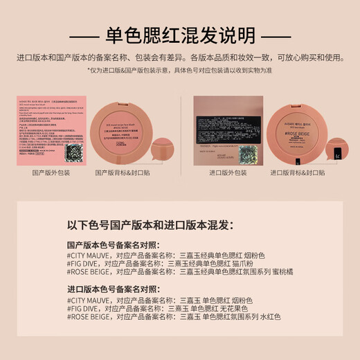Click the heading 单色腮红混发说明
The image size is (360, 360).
pos(179,35)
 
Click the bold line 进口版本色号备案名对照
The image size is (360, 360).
pos(113,289)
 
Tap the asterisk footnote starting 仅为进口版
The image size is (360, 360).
pos(179,70)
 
